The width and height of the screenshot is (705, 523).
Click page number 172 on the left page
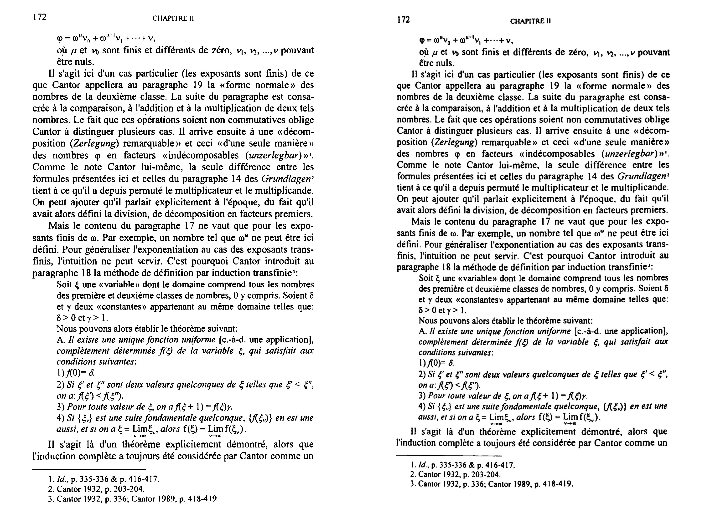(x=40, y=17)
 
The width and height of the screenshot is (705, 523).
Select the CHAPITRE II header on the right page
(x=530, y=21)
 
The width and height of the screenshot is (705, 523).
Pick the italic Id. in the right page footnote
(x=422, y=465)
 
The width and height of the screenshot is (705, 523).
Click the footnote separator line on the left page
(x=89, y=469)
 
